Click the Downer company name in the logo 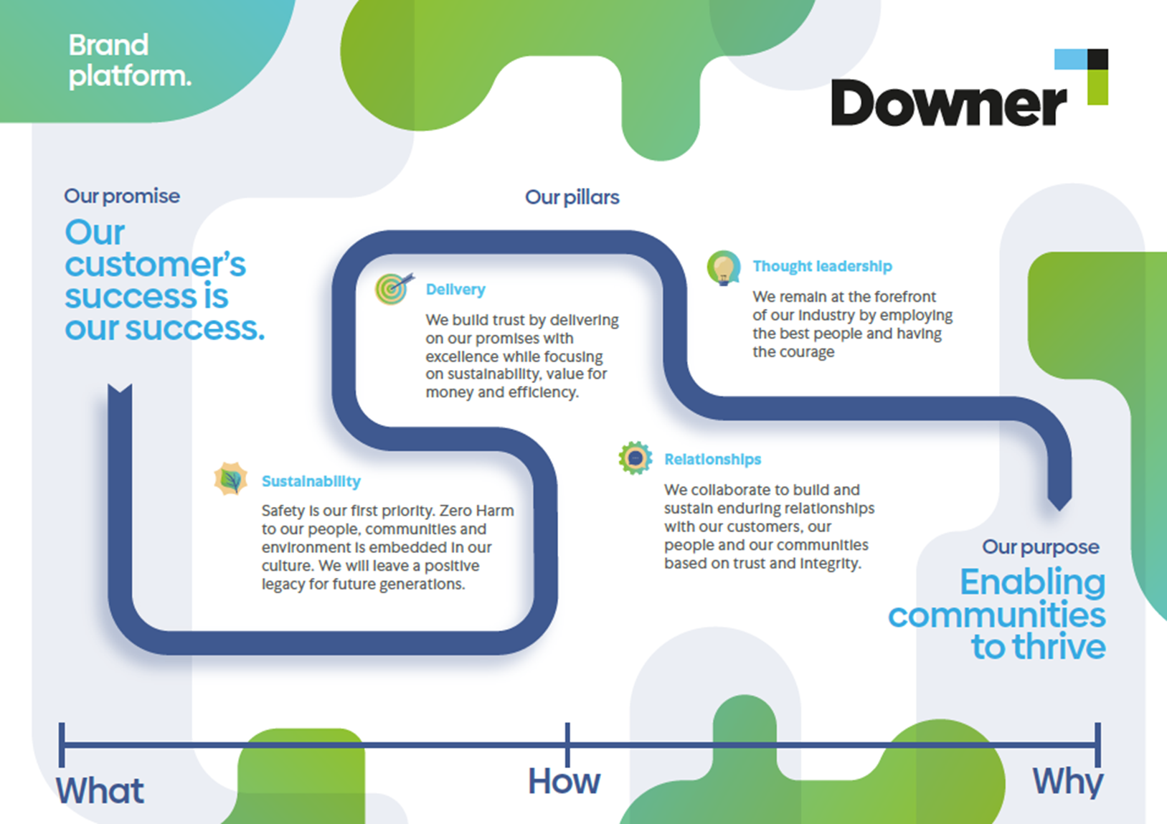pyautogui.click(x=949, y=103)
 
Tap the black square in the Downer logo pyautogui.click(x=1097, y=60)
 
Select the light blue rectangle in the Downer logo pyautogui.click(x=1071, y=60)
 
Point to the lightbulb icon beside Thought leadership pyautogui.click(x=724, y=267)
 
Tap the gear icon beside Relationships pyautogui.click(x=635, y=458)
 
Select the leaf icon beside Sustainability pyautogui.click(x=231, y=478)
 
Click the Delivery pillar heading pyautogui.click(x=455, y=290)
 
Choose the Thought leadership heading pyautogui.click(x=822, y=266)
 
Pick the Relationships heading pyautogui.click(x=712, y=460)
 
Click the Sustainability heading pyautogui.click(x=311, y=481)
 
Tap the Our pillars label pyautogui.click(x=572, y=197)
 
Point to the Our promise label pyautogui.click(x=122, y=196)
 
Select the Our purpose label pyautogui.click(x=1040, y=547)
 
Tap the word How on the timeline pyautogui.click(x=564, y=781)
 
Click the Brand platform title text pyautogui.click(x=130, y=60)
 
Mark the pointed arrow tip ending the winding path pyautogui.click(x=1059, y=510)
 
